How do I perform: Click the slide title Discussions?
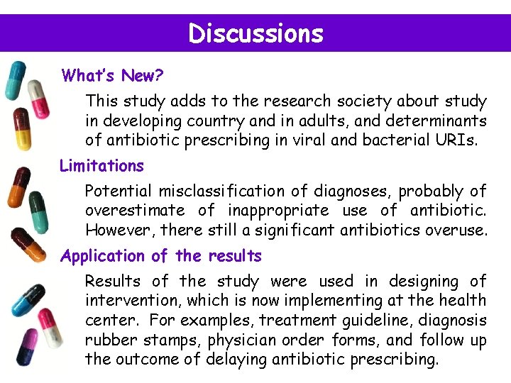pos(255,34)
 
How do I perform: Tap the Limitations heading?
pos(101,166)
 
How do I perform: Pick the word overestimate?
pos(134,211)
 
